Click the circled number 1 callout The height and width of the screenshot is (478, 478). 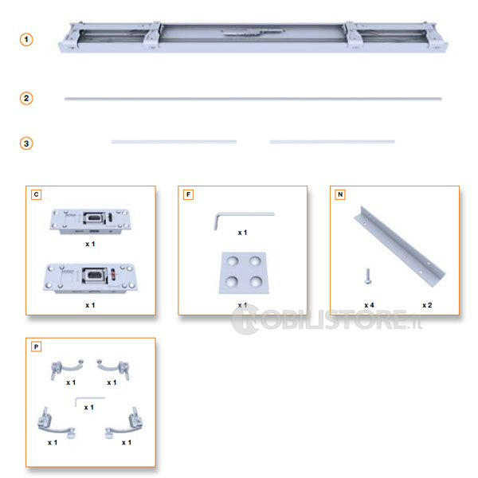coord(26,40)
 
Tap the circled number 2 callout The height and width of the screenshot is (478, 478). coord(26,99)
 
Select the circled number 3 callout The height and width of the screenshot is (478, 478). coord(26,143)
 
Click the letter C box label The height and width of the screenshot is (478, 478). coord(37,194)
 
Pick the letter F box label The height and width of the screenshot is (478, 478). coord(188,194)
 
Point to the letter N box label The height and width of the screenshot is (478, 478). coord(340,194)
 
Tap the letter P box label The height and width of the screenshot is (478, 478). coord(37,347)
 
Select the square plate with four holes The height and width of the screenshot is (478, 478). coord(244,272)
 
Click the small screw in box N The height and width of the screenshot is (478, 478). coord(368,276)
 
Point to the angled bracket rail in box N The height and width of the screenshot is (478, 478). coord(399,246)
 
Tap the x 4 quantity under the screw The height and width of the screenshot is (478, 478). coord(369,305)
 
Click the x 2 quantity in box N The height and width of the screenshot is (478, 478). coord(427,305)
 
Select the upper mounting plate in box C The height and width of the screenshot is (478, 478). coord(91,221)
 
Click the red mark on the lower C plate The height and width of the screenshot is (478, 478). coord(113,275)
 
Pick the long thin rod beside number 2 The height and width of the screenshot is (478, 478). coord(253,99)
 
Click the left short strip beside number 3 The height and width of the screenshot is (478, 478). coord(174,142)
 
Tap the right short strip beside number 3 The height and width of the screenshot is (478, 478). coord(332,142)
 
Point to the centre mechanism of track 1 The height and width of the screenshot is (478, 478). coord(253,32)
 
